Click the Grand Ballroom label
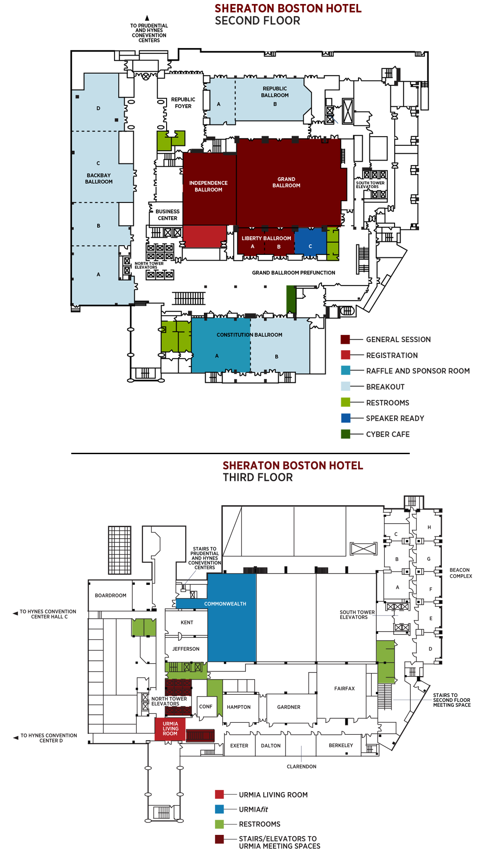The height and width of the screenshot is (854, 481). (286, 182)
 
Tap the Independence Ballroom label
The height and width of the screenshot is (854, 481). (208, 186)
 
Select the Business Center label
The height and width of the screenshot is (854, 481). (167, 215)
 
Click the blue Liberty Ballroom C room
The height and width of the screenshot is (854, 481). (310, 243)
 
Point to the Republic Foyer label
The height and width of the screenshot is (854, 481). (183, 103)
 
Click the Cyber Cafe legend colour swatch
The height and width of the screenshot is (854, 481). (345, 434)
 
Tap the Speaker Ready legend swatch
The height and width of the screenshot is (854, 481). (345, 418)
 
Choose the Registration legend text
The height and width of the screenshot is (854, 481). (392, 355)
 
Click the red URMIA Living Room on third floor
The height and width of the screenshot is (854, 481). (170, 729)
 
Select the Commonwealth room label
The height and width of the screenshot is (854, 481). (225, 604)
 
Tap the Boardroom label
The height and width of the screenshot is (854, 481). (110, 596)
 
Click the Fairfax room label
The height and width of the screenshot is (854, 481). (344, 689)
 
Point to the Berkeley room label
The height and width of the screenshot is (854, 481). (341, 745)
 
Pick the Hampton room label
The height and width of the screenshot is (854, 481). (239, 707)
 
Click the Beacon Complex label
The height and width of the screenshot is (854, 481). (461, 573)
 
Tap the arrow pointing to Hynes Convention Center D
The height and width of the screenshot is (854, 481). (16, 737)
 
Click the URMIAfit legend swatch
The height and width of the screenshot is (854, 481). (219, 809)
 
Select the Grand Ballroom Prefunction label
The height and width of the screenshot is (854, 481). (293, 273)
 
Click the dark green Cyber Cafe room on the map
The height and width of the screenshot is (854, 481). (291, 299)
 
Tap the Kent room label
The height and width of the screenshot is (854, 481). (187, 623)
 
